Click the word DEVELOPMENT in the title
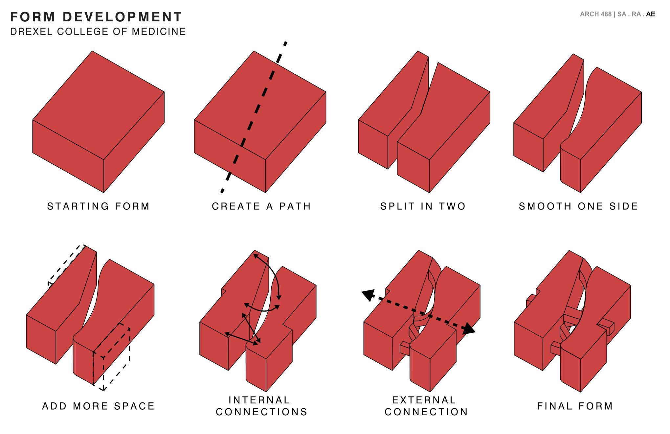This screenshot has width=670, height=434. tap(122, 17)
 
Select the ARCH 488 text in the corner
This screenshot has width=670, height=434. tap(595, 14)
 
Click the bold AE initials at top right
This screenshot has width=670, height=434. tap(650, 14)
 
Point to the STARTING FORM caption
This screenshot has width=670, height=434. tap(99, 206)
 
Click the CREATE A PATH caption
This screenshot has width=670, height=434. tap(261, 206)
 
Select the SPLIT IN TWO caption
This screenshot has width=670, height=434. tap(423, 206)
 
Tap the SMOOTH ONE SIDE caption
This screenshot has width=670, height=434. tap(578, 206)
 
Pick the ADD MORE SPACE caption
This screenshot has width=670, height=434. tap(99, 406)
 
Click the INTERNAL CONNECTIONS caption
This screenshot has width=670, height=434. tap(261, 406)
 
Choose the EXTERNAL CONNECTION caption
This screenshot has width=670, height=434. tap(426, 406)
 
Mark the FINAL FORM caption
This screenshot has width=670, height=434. tap(575, 406)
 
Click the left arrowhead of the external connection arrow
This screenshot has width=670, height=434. tap(368, 295)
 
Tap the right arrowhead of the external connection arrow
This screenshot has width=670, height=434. tap(469, 329)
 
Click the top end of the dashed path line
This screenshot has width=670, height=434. tap(285, 43)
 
